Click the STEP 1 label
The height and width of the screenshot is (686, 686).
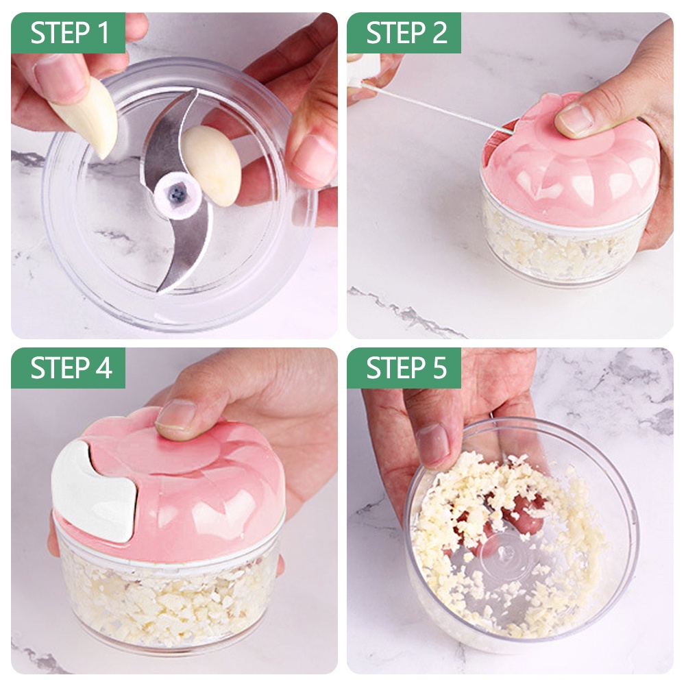(x=69, y=33)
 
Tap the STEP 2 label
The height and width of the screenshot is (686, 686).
(x=406, y=33)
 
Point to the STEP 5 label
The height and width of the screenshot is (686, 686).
(x=406, y=368)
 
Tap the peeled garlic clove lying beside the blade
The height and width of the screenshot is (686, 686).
(x=212, y=164)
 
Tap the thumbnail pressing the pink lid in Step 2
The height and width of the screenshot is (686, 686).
(x=574, y=121)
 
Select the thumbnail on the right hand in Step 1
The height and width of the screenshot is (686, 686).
(x=313, y=156)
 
